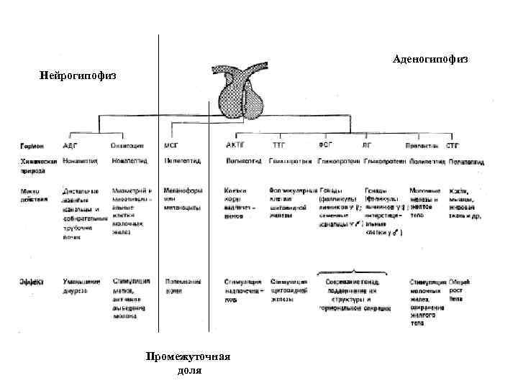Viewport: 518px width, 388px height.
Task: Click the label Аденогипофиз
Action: (430, 58)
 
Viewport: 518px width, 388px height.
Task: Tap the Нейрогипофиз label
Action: (78, 75)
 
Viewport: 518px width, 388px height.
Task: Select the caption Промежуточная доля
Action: (188, 363)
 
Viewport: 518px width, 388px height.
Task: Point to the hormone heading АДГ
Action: (71, 144)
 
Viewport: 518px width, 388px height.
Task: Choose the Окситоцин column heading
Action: (127, 144)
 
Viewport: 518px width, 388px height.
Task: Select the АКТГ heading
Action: (236, 144)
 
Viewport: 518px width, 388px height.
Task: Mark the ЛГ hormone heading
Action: (368, 144)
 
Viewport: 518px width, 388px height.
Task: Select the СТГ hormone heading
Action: (454, 144)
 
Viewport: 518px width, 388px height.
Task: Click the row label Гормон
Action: (32, 145)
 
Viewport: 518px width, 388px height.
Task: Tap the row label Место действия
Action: (34, 195)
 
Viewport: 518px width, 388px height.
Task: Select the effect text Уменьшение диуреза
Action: (80, 286)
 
